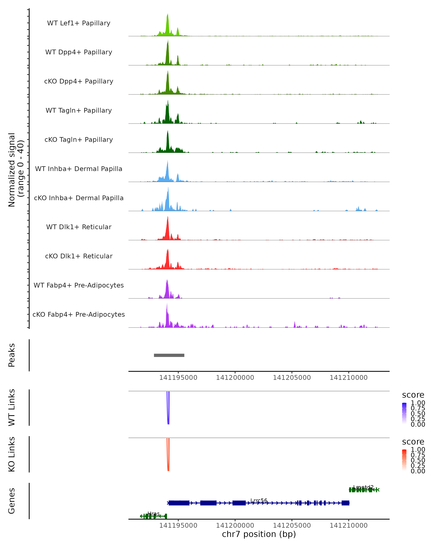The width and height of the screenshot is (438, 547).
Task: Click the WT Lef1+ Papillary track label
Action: point(79,23)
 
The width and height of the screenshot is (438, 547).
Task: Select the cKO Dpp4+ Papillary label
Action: point(79,81)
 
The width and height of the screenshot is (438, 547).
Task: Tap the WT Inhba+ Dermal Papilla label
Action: point(79,169)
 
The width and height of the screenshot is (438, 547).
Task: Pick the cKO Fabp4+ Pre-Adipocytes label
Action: point(79,314)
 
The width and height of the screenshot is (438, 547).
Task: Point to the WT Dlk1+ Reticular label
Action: point(79,227)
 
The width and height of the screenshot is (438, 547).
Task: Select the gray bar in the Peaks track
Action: point(169,355)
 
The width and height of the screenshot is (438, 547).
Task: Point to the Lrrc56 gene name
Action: point(259,501)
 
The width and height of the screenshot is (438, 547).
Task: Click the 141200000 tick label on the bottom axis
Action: point(235,525)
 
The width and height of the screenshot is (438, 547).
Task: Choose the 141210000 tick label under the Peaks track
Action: point(349,378)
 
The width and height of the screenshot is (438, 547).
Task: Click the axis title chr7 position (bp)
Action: point(259,534)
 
